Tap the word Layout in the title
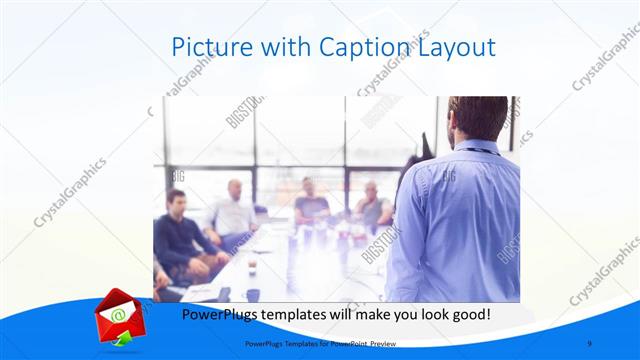(x=454, y=48)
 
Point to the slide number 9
(x=589, y=343)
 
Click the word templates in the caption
(x=305, y=314)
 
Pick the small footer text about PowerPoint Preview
(x=315, y=343)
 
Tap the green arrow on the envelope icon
(x=121, y=341)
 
